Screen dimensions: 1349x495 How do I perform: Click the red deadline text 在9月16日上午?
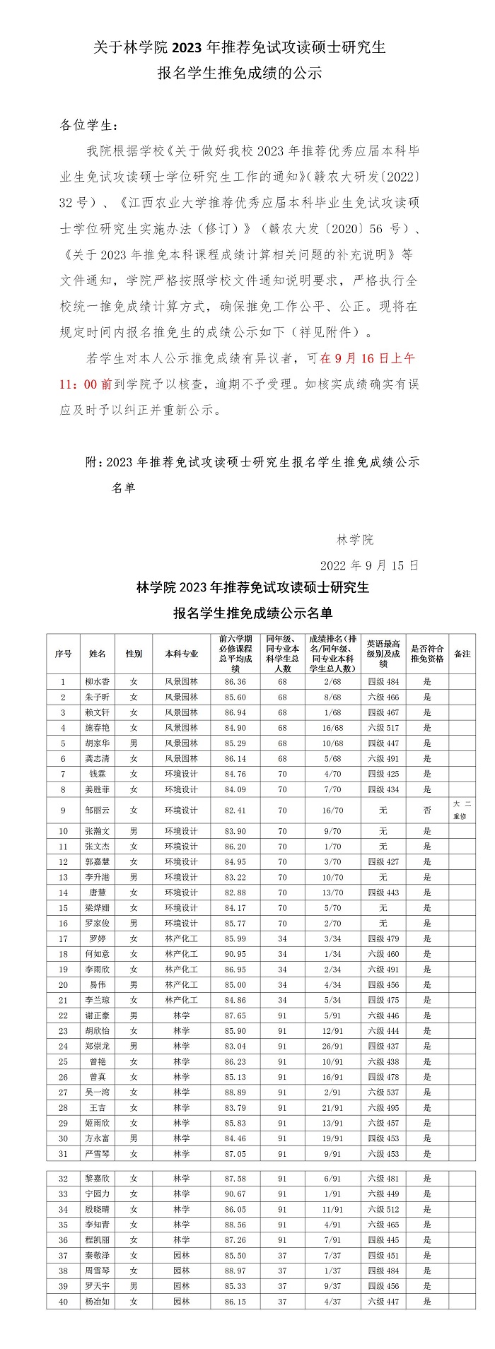pyautogui.click(x=368, y=358)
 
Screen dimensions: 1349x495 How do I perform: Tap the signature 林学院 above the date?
pyautogui.click(x=355, y=539)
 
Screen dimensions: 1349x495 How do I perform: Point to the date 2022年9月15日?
pyautogui.click(x=369, y=565)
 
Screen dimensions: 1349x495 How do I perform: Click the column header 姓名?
pyautogui.click(x=98, y=654)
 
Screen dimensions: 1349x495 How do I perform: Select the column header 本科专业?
pyautogui.click(x=182, y=654)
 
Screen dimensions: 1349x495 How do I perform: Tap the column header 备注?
pyautogui.click(x=462, y=654)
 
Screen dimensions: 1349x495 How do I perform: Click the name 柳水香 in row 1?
pyautogui.click(x=98, y=682)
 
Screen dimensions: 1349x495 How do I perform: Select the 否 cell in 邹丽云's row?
pyautogui.click(x=427, y=811)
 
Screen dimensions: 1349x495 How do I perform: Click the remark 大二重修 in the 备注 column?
pyautogui.click(x=462, y=810)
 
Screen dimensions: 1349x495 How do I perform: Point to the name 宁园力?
pyautogui.click(x=98, y=1194)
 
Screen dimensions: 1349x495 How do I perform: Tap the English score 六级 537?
pyautogui.click(x=383, y=1092)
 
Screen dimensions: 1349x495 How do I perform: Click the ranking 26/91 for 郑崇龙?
pyautogui.click(x=332, y=1046)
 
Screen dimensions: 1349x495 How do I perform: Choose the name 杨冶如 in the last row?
pyautogui.click(x=98, y=1301)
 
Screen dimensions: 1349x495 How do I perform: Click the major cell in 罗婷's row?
pyautogui.click(x=182, y=938)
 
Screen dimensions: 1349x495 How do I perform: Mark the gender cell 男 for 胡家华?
pyautogui.click(x=134, y=743)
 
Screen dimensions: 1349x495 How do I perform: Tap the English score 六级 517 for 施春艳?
pyautogui.click(x=383, y=728)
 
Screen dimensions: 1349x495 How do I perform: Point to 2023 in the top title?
pyautogui.click(x=187, y=48)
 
